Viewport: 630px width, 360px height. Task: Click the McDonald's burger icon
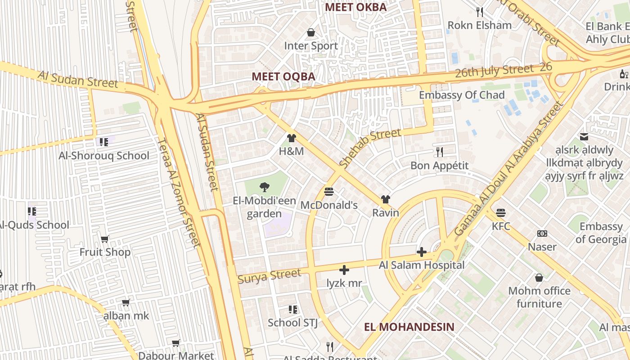pos(329,192)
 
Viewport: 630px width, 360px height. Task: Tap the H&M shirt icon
pos(292,138)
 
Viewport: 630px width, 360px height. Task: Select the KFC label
pos(501,226)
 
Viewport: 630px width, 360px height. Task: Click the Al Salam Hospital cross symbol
pos(421,252)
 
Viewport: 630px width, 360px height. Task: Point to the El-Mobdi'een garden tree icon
pos(265,187)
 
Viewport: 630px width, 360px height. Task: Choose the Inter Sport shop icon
pos(310,32)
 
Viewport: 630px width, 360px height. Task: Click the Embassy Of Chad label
pos(462,95)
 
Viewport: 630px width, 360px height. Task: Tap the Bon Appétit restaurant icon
pos(440,152)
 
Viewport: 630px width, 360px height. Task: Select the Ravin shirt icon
pos(385,199)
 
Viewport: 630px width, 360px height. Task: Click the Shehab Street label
pos(369,148)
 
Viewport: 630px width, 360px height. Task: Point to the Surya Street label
pos(269,276)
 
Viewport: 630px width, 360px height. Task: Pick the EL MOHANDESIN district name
pos(409,327)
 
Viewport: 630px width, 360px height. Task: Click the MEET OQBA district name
pos(283,76)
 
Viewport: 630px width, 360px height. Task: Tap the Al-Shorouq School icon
pos(104,142)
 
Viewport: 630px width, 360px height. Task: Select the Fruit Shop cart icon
pos(105,239)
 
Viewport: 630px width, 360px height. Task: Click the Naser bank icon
pos(542,234)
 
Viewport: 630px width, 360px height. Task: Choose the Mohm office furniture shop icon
pos(539,278)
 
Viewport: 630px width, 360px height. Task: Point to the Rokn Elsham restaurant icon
pos(480,12)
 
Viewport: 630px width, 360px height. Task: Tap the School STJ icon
pos(293,309)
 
